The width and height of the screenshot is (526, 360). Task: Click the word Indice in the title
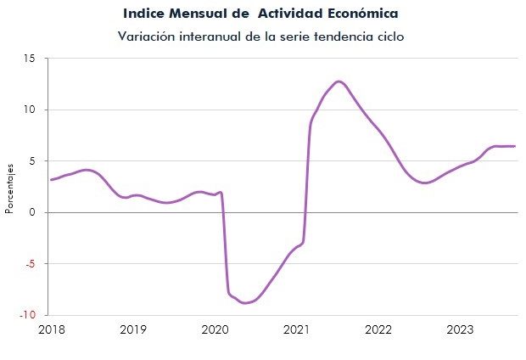144,14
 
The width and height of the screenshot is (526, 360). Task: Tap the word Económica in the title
362,13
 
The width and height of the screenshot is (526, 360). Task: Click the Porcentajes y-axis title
9,188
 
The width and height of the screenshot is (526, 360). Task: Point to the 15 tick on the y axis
29,59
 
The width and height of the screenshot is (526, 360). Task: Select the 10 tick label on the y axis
29,110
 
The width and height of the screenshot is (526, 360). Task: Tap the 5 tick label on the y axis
32,160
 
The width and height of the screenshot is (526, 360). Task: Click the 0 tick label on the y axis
32,212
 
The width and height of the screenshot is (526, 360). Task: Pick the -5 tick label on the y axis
31,263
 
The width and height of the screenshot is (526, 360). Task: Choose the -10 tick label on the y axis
27,315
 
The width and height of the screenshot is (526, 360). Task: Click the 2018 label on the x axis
52,329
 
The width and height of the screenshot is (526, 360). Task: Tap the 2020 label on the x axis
215,329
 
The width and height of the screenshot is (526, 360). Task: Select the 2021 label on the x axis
297,329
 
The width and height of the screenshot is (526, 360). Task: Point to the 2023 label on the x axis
460,329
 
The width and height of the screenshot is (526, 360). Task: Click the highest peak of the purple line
339,82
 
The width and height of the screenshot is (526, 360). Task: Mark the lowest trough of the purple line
246,302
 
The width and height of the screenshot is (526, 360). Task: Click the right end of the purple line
514,146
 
